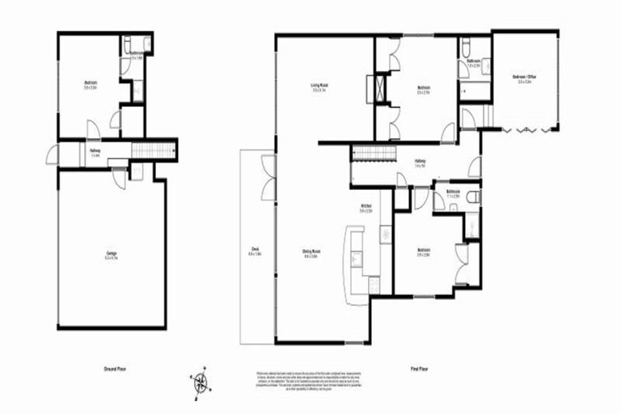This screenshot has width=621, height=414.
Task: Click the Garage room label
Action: tap(112, 256)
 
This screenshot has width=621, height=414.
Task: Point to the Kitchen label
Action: tap(365, 209)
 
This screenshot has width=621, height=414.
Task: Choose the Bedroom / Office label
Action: tap(525, 79)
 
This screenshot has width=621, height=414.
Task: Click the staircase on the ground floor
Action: tap(152, 150)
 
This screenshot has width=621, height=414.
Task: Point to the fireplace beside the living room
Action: tap(377, 88)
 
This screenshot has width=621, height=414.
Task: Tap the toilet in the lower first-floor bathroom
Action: tap(474, 196)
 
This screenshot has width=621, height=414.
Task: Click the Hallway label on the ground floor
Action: tap(95, 151)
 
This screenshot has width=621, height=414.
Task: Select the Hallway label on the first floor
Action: tap(420, 163)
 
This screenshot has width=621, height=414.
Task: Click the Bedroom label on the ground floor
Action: tap(91, 84)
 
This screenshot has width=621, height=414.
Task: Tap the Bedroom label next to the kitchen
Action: tap(424, 252)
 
